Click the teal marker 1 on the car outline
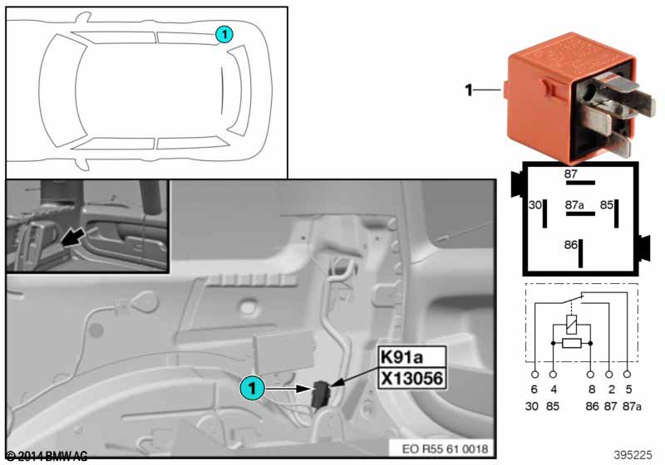coord(224,34)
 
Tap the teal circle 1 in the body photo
coord(253,388)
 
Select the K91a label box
coord(411,357)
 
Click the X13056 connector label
coord(411,378)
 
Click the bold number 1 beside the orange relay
coord(468,90)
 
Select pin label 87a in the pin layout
coord(574,205)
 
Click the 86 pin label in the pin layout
coord(571,245)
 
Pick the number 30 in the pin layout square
coord(535,205)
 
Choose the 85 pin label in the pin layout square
coord(607,205)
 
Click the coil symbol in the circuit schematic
coord(571,324)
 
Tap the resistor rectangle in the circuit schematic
coord(571,343)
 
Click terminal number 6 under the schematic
coord(534,389)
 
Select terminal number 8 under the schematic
coord(592,389)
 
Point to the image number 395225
coord(633,455)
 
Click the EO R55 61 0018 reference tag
coord(445,448)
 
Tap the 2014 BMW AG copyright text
coord(47,456)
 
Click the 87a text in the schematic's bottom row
coord(632,407)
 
